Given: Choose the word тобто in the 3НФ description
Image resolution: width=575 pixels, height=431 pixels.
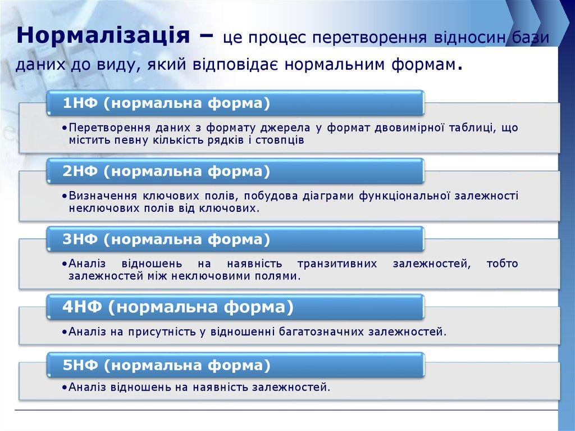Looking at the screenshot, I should coord(503,264).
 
